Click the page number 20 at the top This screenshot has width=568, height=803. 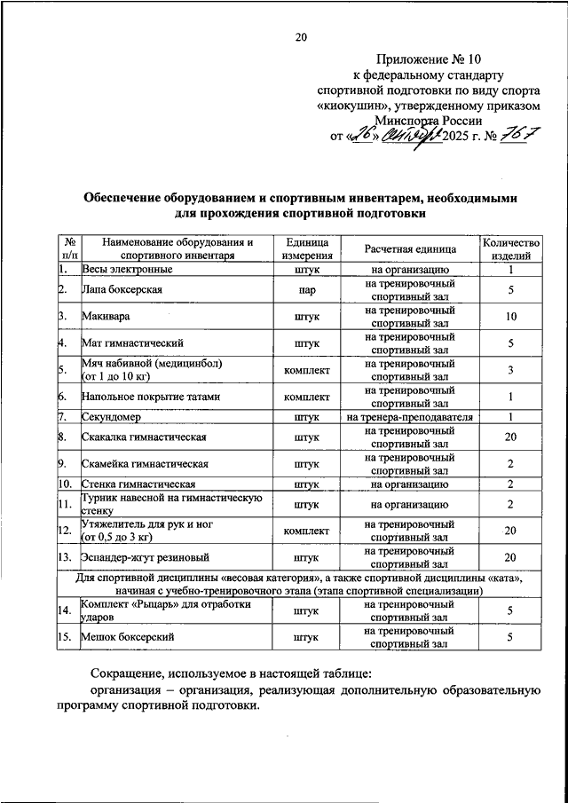301,36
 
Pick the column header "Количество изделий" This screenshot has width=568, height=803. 510,248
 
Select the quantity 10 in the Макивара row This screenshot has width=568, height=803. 510,317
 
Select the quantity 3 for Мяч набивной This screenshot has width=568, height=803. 510,370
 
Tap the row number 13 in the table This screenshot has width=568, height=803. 64,557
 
